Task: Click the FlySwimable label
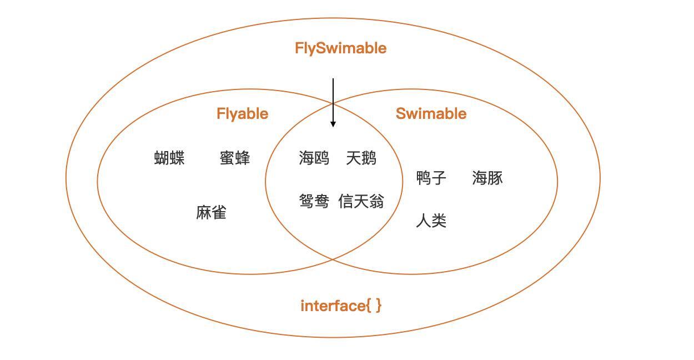[340, 48]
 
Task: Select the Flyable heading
[242, 114]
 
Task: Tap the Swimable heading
[431, 114]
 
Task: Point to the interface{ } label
[341, 306]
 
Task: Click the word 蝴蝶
[169, 158]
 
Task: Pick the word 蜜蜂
[235, 158]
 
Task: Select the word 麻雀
[211, 213]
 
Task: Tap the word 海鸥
[314, 158]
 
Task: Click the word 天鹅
[361, 158]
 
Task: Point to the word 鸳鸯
[314, 201]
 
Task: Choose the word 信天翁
[361, 201]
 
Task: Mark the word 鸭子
[431, 178]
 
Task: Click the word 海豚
[487, 178]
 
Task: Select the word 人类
[431, 221]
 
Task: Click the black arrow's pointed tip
[333, 126]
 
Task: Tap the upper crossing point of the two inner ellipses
[333, 102]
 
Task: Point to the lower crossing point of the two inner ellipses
[333, 259]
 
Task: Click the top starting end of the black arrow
[333, 79]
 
